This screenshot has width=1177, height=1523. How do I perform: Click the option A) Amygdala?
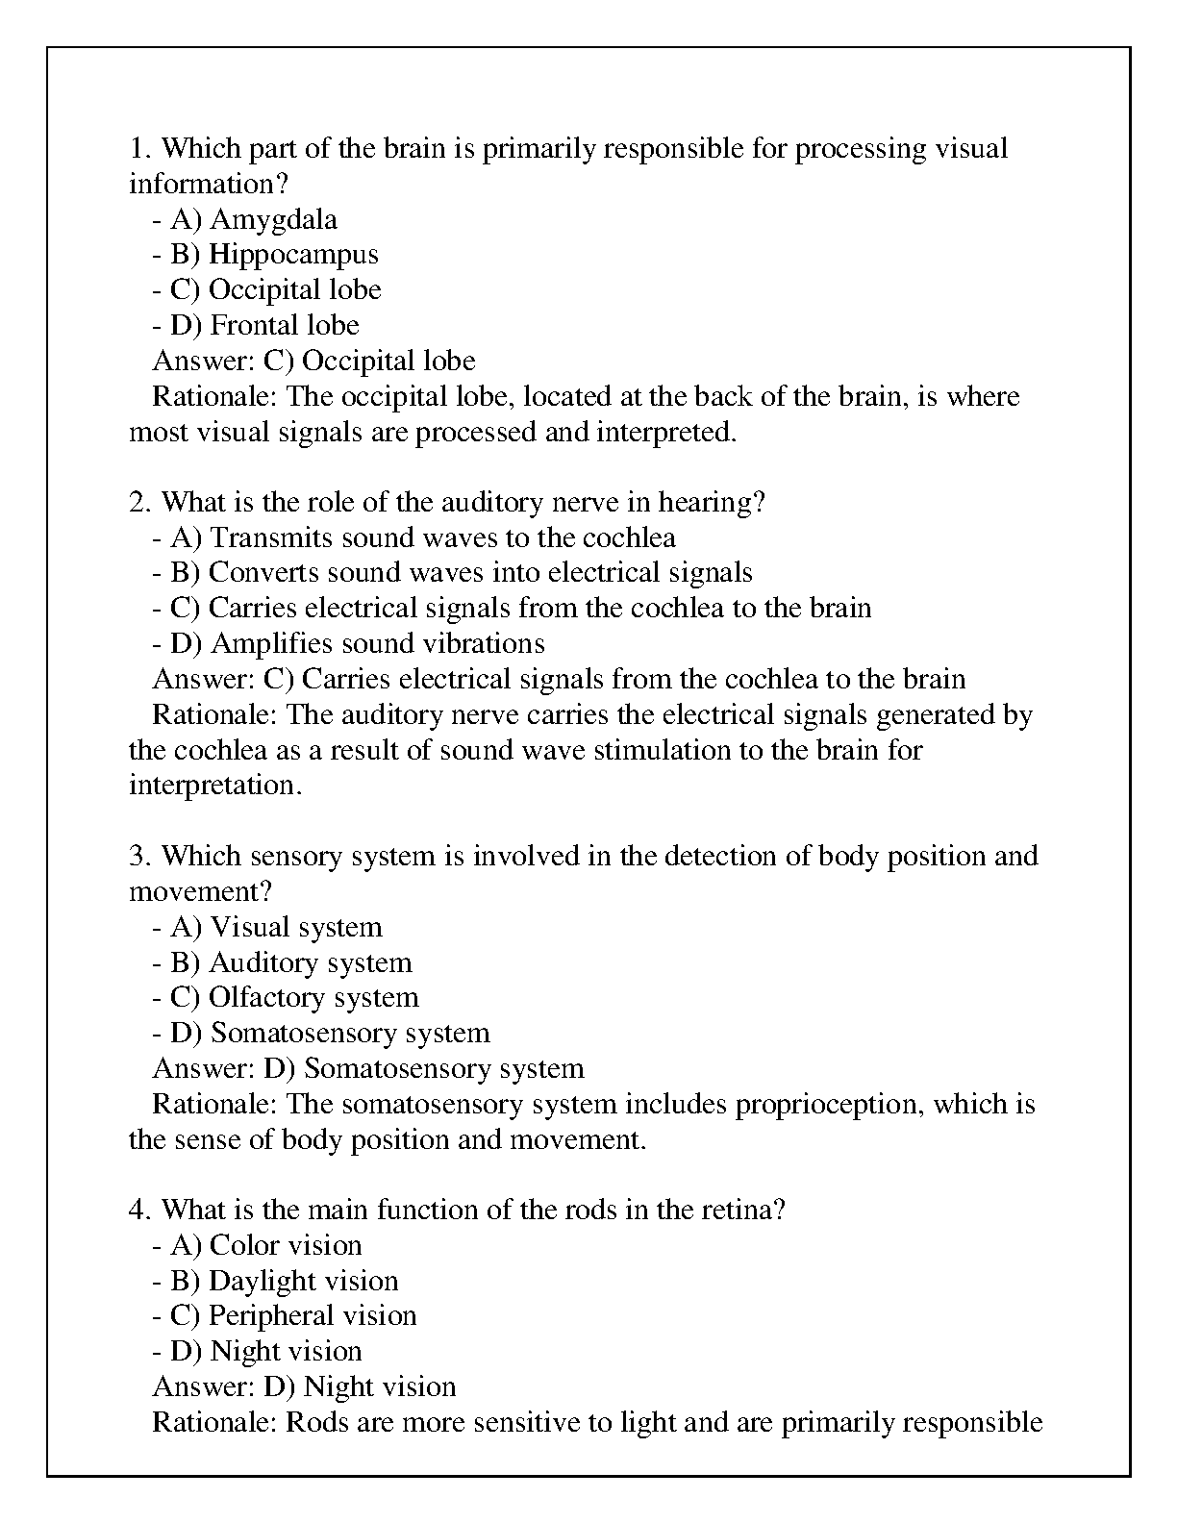tap(244, 220)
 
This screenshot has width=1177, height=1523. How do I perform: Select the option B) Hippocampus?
tap(264, 255)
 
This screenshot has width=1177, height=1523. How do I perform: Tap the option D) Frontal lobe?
tap(255, 326)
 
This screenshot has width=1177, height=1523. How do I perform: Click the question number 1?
tap(138, 149)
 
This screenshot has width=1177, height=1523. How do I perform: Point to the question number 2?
tap(139, 503)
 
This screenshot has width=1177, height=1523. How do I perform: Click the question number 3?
tap(139, 857)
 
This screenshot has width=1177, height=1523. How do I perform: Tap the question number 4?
tap(139, 1211)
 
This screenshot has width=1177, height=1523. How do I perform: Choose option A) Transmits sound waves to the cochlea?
tap(413, 538)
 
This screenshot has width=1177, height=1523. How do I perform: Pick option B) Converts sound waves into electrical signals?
tap(452, 574)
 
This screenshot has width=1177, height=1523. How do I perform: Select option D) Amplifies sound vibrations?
tap(348, 644)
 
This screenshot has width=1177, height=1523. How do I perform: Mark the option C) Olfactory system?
tap(285, 998)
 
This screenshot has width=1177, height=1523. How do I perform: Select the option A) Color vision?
tap(257, 1246)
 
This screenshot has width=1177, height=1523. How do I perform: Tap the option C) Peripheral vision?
tap(284, 1316)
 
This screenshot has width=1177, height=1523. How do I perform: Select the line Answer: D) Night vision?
tap(304, 1387)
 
